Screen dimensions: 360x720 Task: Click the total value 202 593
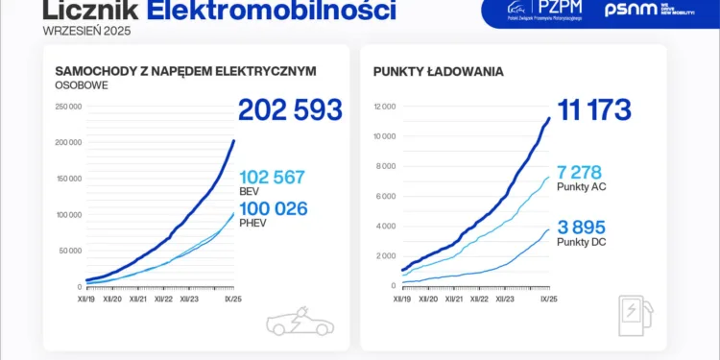click(x=290, y=109)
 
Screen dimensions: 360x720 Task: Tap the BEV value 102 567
click(x=272, y=177)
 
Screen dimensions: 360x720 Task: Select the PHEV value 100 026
click(x=273, y=206)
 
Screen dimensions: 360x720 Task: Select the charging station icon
click(x=634, y=316)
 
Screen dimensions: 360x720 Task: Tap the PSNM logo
click(x=645, y=10)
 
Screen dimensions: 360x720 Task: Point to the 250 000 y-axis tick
click(x=68, y=107)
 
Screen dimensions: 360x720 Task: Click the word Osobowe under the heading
click(x=81, y=85)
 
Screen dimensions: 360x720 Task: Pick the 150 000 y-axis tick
click(x=68, y=179)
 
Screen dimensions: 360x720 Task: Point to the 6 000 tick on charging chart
click(x=385, y=196)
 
